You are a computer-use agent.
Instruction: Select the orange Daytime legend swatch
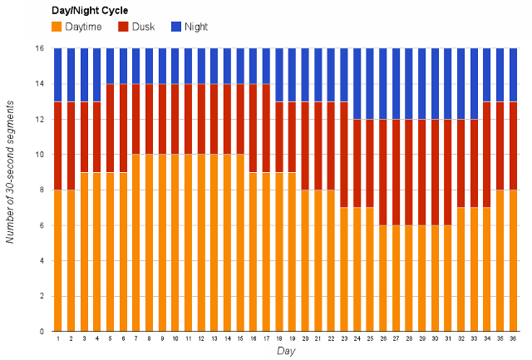(x=57, y=27)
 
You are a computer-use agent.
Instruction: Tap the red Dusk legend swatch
(x=123, y=27)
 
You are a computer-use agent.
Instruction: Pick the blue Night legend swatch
(x=176, y=27)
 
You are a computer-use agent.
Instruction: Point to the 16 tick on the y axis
(x=39, y=48)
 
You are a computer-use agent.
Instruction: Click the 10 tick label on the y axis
(x=39, y=155)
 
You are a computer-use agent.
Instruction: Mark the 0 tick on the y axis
(x=41, y=332)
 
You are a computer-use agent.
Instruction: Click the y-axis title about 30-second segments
(x=12, y=190)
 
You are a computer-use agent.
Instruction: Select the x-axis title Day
(x=285, y=352)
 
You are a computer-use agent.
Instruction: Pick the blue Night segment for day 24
(x=357, y=84)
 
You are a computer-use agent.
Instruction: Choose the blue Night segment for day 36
(x=513, y=75)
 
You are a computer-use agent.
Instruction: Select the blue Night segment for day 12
(x=201, y=67)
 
